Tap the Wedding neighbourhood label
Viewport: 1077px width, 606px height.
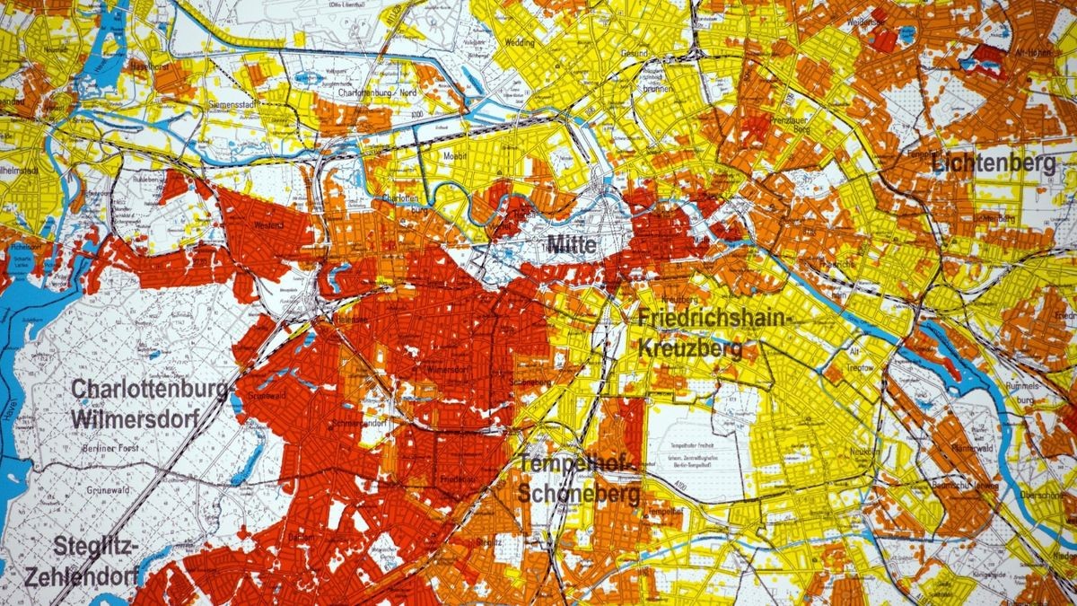click(x=519, y=42)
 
